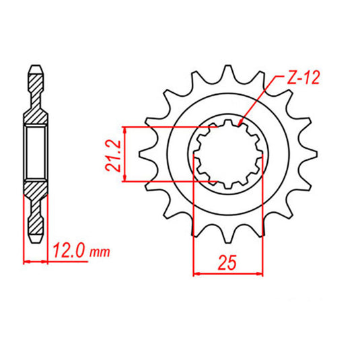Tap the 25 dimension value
(x=227, y=262)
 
